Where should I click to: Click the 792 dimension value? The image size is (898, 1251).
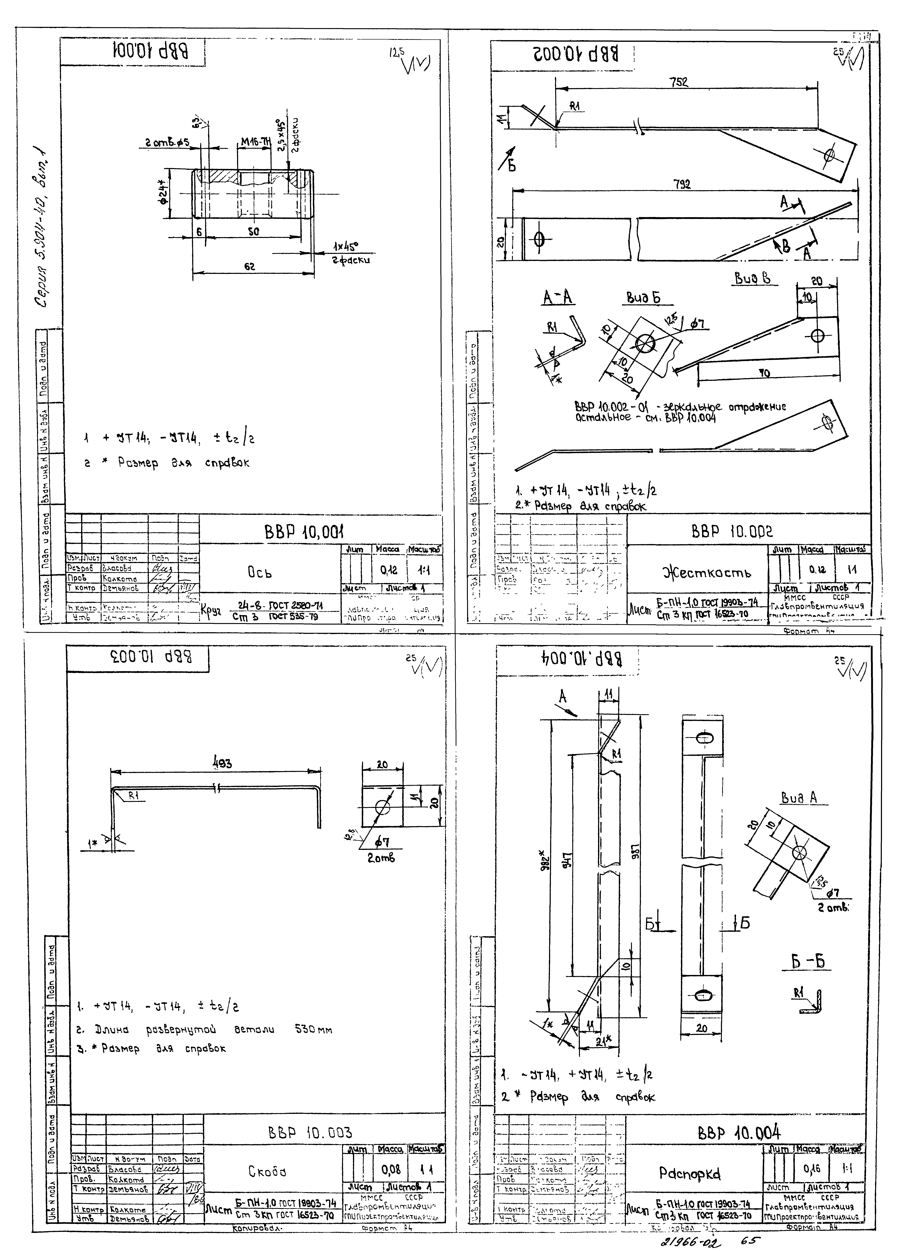point(682,185)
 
